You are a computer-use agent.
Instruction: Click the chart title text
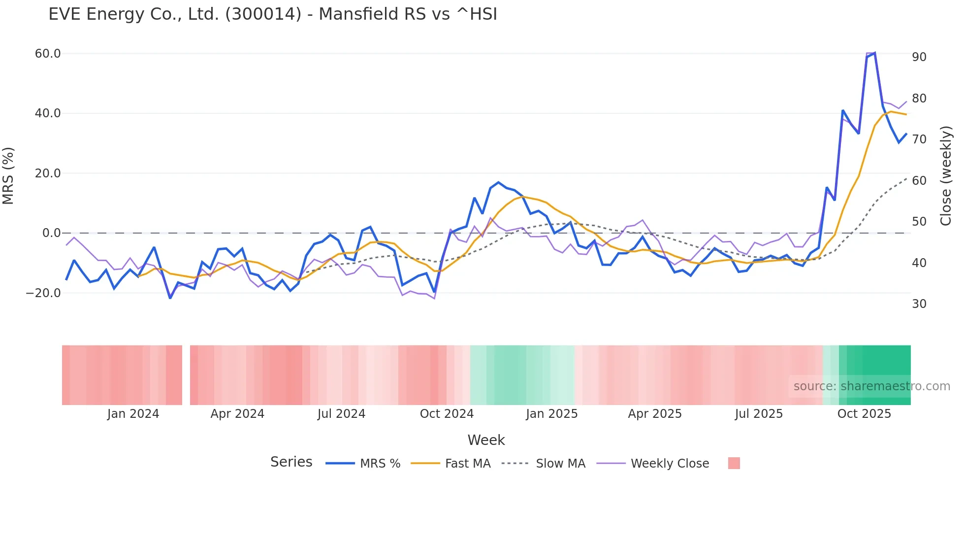click(273, 14)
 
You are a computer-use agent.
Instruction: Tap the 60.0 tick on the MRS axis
click(48, 54)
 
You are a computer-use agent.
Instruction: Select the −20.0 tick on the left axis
click(43, 293)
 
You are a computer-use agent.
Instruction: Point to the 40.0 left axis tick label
click(48, 113)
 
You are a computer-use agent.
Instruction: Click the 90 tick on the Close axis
click(919, 57)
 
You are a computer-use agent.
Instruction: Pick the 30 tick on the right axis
click(919, 304)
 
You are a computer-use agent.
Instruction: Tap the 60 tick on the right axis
click(919, 181)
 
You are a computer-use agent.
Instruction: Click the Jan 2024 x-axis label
click(133, 414)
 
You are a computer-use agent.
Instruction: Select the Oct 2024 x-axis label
click(447, 414)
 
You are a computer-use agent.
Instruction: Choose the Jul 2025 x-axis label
click(759, 414)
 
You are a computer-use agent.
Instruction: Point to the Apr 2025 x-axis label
click(655, 414)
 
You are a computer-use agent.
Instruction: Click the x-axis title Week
click(486, 440)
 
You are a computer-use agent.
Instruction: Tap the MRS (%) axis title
click(8, 175)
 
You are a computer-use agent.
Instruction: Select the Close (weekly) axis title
click(946, 175)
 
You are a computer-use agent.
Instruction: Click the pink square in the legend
click(734, 463)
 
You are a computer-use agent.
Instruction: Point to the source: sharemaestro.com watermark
click(871, 386)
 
